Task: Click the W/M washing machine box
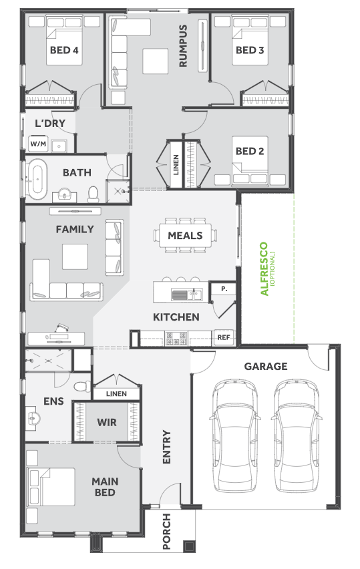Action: pos(38,144)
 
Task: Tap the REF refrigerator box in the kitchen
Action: pos(224,337)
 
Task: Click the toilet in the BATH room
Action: pos(94,194)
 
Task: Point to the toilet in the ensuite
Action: pos(82,386)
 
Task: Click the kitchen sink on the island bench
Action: pos(187,295)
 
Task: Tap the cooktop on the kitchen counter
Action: pos(176,338)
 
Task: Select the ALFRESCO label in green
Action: pos(264,269)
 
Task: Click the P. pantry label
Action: pos(224,289)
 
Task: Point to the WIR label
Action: pos(107,422)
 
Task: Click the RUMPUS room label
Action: pos(183,45)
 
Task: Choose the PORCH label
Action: pos(166,531)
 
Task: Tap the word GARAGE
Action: pos(266,366)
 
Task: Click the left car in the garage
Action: pos(235,436)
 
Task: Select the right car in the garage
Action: pos(297,436)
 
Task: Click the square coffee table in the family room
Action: pos(75,256)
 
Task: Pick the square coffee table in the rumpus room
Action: pos(156,61)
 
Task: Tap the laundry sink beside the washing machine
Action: pos(59,145)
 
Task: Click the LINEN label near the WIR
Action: pos(116,394)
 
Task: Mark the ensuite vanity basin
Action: pos(33,419)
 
